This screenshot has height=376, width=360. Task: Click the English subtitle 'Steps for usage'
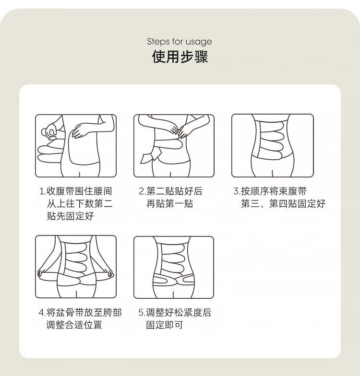coord(180,41)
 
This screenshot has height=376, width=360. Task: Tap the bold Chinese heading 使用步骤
coord(180,57)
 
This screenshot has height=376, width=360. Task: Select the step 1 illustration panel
coord(76,146)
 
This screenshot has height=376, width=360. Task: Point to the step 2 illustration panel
coord(174,146)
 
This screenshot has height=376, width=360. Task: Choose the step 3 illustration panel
coord(273,146)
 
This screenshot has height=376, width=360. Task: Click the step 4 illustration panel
coord(76,267)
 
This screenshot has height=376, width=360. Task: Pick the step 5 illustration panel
coord(174,268)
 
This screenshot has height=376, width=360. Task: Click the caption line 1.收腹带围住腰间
coord(76,191)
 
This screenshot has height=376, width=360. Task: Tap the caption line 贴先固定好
coord(70,216)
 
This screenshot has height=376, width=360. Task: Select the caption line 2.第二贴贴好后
coord(171,191)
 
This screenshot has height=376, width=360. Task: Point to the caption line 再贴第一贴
coord(170,203)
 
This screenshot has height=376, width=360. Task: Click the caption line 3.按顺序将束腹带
coord(270,191)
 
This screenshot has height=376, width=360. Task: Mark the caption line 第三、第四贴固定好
coord(283,203)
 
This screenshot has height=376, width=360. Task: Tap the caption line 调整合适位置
coord(74,325)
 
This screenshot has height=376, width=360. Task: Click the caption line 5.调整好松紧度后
coord(175,313)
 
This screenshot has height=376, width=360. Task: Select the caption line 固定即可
coord(165,325)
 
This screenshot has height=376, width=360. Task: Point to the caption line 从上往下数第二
coord(80,203)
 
